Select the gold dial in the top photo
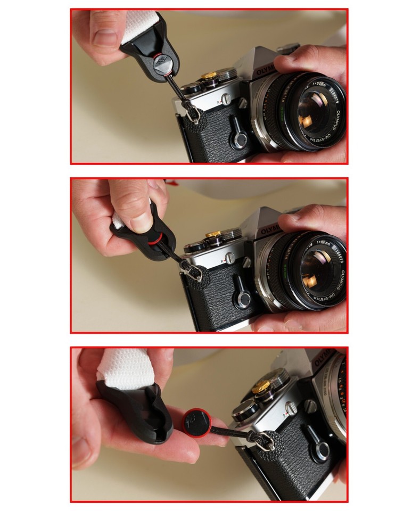point(209,76)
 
